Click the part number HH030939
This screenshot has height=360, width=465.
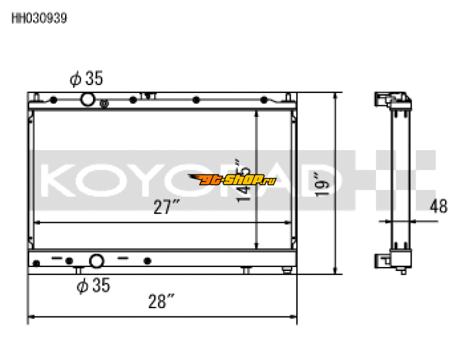pyautogui.click(x=40, y=18)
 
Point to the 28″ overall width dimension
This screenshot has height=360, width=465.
pyautogui.click(x=162, y=302)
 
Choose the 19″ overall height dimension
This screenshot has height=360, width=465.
pyautogui.click(x=321, y=183)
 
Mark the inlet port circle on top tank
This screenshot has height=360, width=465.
pyautogui.click(x=87, y=99)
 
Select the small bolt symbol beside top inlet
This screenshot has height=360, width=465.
pyautogui.click(x=105, y=104)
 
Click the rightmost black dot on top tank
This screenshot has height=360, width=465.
pyautogui.click(x=263, y=99)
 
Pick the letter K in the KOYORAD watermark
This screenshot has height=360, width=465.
pyautogui.click(x=58, y=180)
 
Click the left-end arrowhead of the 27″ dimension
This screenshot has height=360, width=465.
pyautogui.click(x=38, y=222)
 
